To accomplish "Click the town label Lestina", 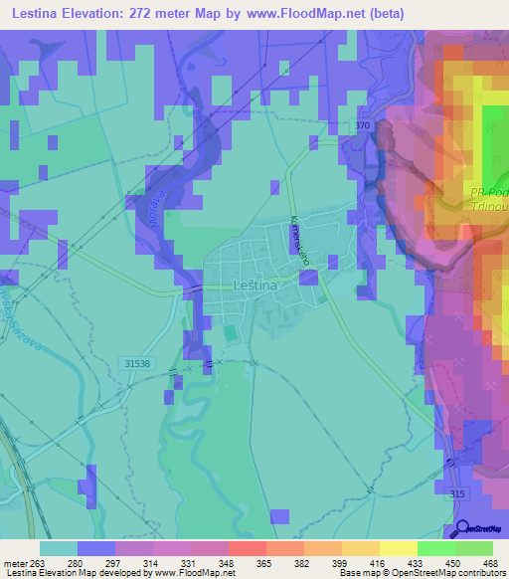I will point(254,285).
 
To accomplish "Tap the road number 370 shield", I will point(362,126).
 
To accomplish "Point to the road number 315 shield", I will point(457,494).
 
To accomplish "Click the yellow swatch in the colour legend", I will point(398,548).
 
